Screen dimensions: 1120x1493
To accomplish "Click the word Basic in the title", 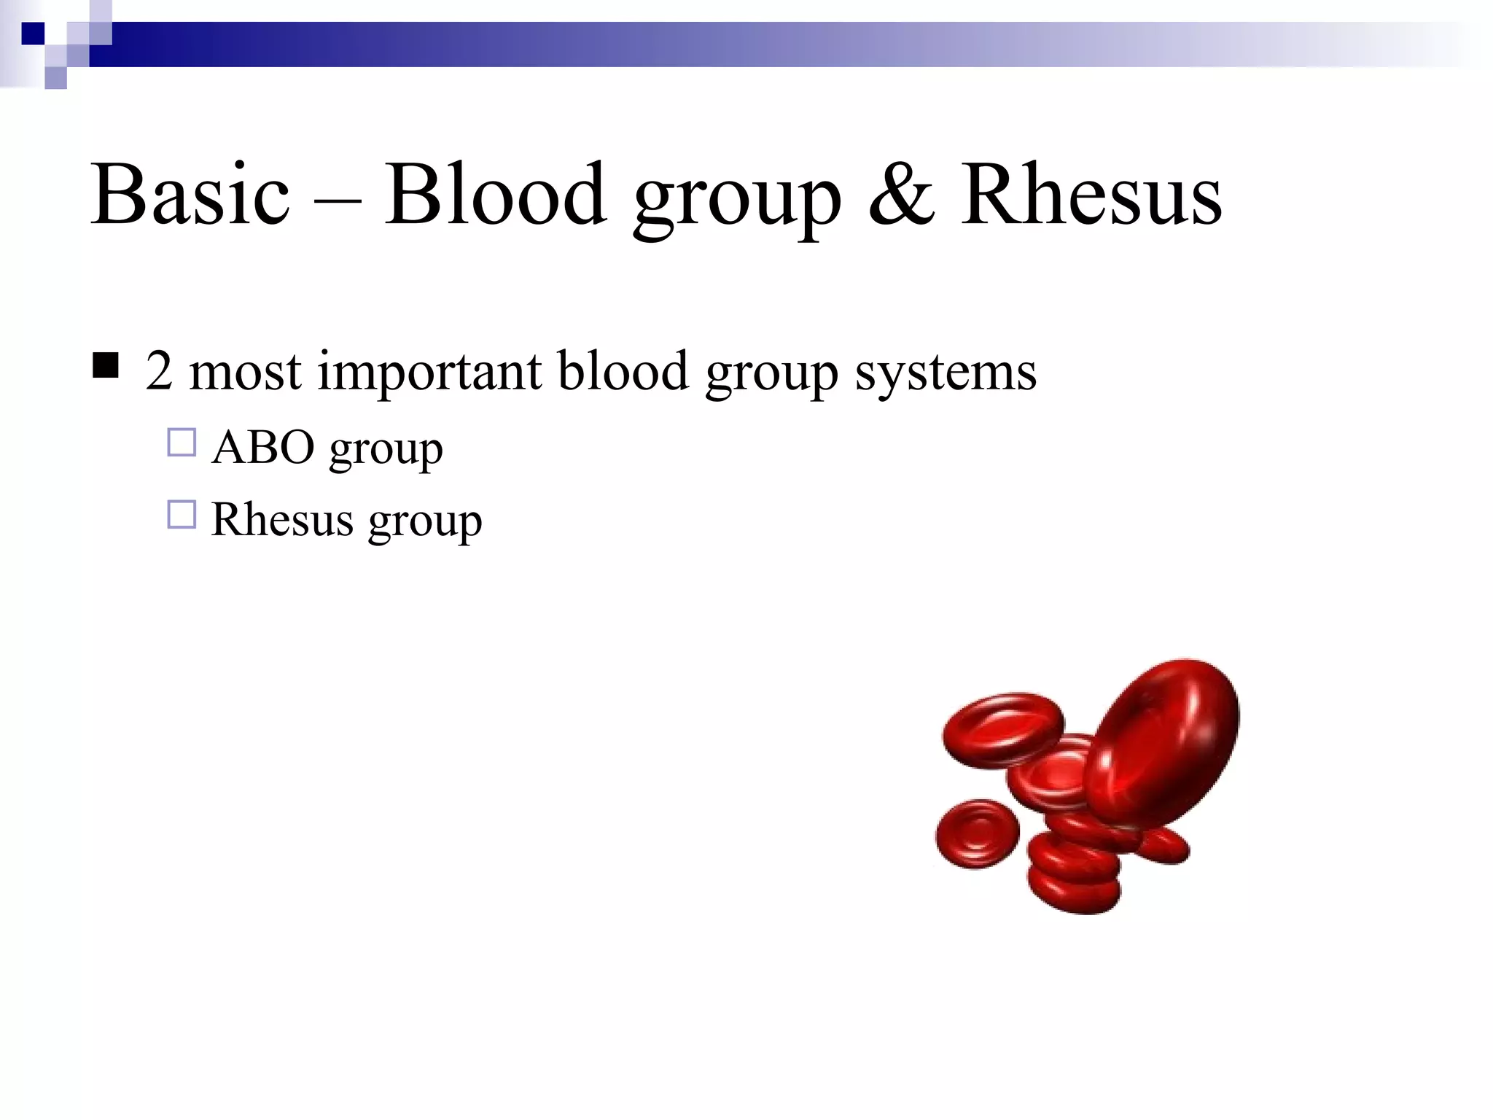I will pyautogui.click(x=190, y=195).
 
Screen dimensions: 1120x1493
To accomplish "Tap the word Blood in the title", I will pyautogui.click(x=495, y=195).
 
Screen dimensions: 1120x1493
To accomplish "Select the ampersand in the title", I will pyautogui.click(x=901, y=195).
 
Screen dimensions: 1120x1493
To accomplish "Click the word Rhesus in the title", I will pyautogui.click(x=1091, y=195).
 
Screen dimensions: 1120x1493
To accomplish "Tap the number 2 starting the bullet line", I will pyautogui.click(x=158, y=370).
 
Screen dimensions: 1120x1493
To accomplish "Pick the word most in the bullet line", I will pyautogui.click(x=245, y=372).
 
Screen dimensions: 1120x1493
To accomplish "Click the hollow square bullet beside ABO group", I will pyautogui.click(x=182, y=443).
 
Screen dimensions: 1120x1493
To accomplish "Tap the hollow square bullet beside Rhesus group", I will pyautogui.click(x=182, y=515).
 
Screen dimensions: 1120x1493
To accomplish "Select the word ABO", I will pyautogui.click(x=263, y=447).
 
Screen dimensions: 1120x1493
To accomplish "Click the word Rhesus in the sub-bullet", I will pyautogui.click(x=282, y=520).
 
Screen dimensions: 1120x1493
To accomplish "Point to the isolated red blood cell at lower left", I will pyautogui.click(x=977, y=833).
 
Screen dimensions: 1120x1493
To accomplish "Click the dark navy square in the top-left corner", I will pyautogui.click(x=33, y=34).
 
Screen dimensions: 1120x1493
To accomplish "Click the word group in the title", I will pyautogui.click(x=737, y=201).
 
